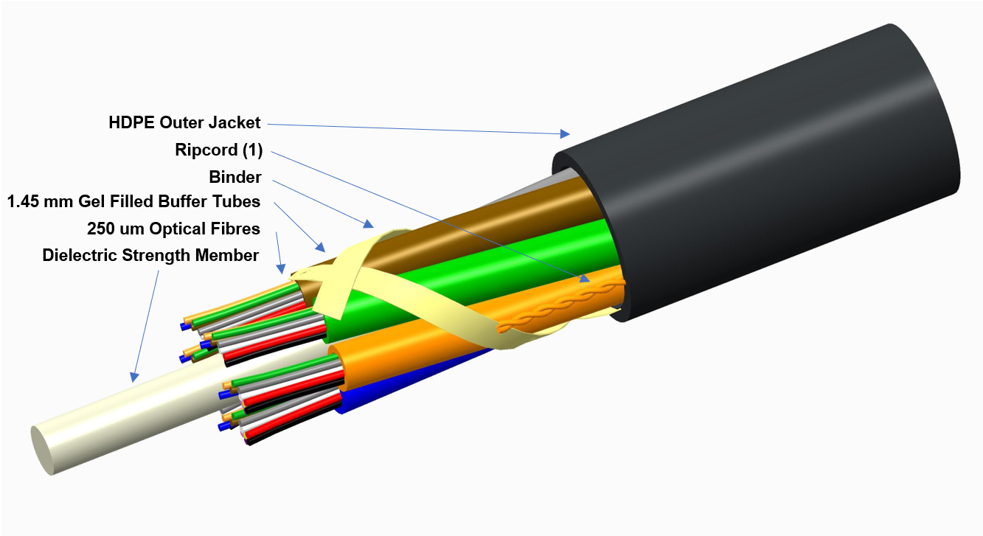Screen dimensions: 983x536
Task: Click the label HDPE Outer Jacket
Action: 184,122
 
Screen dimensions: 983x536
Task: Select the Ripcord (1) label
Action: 218,150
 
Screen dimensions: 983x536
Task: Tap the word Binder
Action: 235,177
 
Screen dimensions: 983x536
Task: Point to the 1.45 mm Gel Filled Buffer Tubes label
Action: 134,202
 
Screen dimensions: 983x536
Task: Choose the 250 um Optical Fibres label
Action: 173,229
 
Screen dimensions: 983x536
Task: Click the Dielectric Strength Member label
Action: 150,255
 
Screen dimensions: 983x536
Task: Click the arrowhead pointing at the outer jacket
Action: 565,133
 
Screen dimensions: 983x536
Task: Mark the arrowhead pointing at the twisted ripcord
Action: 585,278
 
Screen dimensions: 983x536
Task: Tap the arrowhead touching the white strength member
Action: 134,377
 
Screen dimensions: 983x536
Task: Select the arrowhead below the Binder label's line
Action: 369,223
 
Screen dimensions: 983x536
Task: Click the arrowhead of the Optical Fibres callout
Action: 281,268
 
